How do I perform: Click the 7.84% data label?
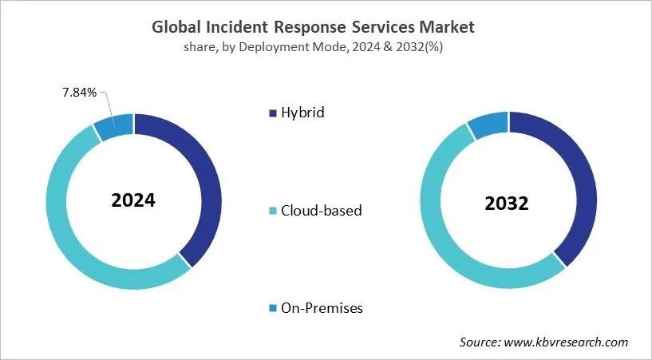[x=79, y=93]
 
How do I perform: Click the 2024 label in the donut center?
[x=133, y=200]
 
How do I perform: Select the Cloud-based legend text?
[x=320, y=211]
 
